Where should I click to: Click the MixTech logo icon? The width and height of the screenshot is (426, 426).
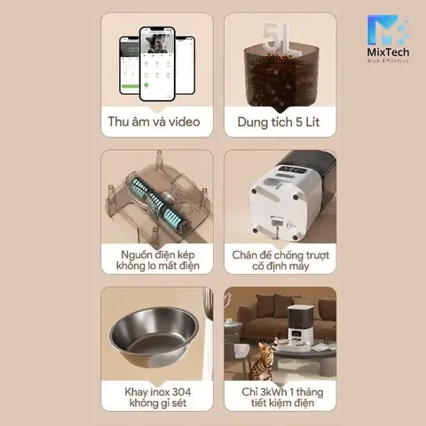click(387, 32)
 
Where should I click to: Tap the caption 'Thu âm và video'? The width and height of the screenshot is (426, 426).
click(156, 122)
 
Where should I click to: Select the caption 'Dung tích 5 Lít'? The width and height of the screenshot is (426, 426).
click(280, 122)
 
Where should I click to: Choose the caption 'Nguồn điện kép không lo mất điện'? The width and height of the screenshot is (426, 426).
click(156, 260)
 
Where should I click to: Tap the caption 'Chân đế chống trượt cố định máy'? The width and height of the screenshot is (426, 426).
click(280, 260)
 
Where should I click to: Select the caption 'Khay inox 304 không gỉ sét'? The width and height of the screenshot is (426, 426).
click(156, 398)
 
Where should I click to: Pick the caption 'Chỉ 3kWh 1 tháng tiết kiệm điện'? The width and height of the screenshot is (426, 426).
click(280, 398)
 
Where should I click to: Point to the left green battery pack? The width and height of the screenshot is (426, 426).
click(139, 193)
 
